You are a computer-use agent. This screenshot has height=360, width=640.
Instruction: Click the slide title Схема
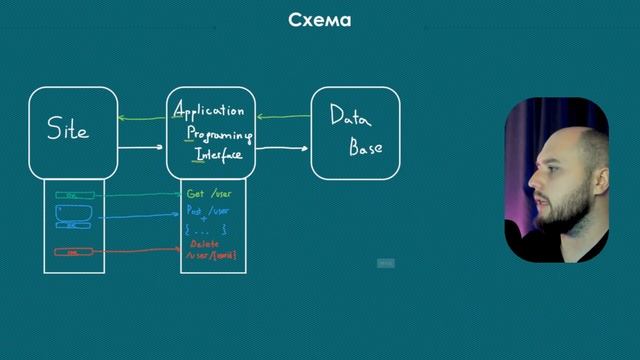click(319, 20)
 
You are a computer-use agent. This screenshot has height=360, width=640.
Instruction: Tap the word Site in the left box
click(68, 130)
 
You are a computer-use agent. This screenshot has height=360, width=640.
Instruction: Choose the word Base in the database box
click(365, 149)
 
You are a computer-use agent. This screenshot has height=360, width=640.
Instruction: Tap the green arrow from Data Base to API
click(284, 117)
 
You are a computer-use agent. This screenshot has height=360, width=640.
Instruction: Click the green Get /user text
click(208, 193)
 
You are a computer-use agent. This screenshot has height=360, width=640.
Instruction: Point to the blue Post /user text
click(208, 211)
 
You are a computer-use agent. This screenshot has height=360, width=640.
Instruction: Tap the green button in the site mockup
click(74, 195)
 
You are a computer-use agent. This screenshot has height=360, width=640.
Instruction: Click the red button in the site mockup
click(74, 252)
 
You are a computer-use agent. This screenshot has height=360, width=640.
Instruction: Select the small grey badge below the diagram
click(386, 263)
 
